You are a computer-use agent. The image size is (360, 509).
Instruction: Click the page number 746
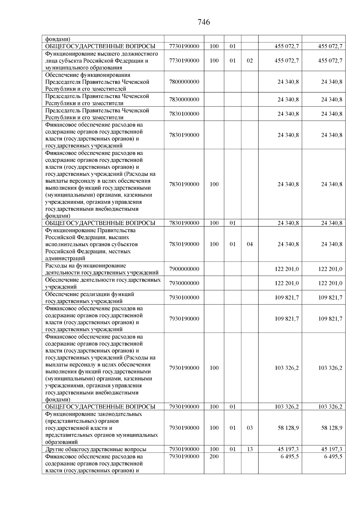204,22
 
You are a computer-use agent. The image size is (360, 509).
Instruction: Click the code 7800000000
184,82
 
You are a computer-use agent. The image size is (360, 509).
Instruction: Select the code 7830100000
184,114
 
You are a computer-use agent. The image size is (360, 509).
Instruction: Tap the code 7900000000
184,269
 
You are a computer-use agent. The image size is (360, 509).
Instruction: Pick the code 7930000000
184,283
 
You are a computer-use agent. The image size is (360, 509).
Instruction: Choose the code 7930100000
184,298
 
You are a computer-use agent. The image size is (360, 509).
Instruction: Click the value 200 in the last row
214,457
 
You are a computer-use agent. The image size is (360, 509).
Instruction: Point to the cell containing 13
250,449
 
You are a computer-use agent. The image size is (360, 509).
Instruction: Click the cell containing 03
250,428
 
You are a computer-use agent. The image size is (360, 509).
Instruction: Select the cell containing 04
250,244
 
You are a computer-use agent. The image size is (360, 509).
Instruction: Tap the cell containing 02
250,61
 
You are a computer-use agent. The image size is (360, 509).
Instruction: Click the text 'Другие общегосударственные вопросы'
96,449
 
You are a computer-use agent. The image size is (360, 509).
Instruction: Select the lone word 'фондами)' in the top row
58,39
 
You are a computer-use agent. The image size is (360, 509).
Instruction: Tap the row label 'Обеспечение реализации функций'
89,294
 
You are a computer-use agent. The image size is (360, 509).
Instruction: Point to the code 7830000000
184,100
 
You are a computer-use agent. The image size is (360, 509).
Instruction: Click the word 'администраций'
65,258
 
